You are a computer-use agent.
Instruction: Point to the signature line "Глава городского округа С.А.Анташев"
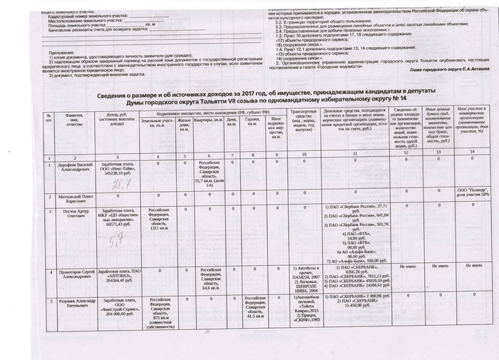(x=441, y=70)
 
